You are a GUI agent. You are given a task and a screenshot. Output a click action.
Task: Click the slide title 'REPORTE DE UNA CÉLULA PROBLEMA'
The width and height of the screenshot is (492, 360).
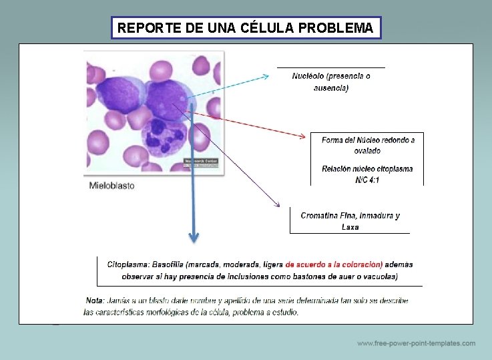(245, 28)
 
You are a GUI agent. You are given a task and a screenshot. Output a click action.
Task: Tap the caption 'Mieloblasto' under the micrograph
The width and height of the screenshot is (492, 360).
(112, 185)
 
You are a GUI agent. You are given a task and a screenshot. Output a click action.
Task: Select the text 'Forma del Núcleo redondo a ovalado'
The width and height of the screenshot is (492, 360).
(368, 145)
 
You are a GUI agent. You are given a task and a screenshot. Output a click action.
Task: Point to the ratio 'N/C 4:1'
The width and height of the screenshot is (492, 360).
(367, 180)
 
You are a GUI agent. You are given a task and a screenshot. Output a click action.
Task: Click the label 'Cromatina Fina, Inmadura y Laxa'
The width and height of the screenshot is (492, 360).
(350, 221)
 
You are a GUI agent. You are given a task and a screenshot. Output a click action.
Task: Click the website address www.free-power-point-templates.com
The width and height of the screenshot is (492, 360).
(416, 343)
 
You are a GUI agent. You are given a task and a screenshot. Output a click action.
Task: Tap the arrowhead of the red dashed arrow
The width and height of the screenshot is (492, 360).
(306, 138)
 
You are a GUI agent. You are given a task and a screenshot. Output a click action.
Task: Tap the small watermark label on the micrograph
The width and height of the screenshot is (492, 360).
(201, 162)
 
